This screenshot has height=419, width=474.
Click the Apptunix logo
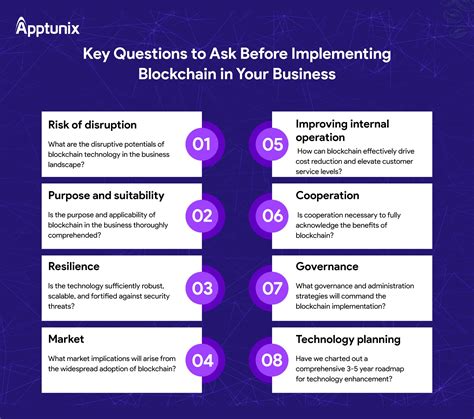[x=47, y=27]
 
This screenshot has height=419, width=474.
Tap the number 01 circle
[x=202, y=144]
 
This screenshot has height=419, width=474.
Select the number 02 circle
[x=202, y=216]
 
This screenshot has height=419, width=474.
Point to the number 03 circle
[x=202, y=288]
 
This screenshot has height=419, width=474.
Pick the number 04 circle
[x=202, y=360]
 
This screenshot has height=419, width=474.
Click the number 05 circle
[x=272, y=144]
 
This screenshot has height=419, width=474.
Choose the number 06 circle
[x=272, y=216]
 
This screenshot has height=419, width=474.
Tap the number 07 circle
[x=272, y=288]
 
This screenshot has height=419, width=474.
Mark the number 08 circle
[x=272, y=360]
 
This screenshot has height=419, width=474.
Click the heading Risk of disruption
[x=92, y=125]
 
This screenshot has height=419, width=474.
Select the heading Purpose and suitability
[x=106, y=196]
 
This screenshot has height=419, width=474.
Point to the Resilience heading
[x=74, y=266]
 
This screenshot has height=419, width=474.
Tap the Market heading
[x=66, y=339]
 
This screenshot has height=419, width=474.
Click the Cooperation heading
[x=327, y=196]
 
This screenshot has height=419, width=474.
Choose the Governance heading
[x=327, y=266]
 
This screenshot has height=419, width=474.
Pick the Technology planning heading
[x=348, y=340]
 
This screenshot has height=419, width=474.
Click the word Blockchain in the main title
[x=177, y=74]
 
